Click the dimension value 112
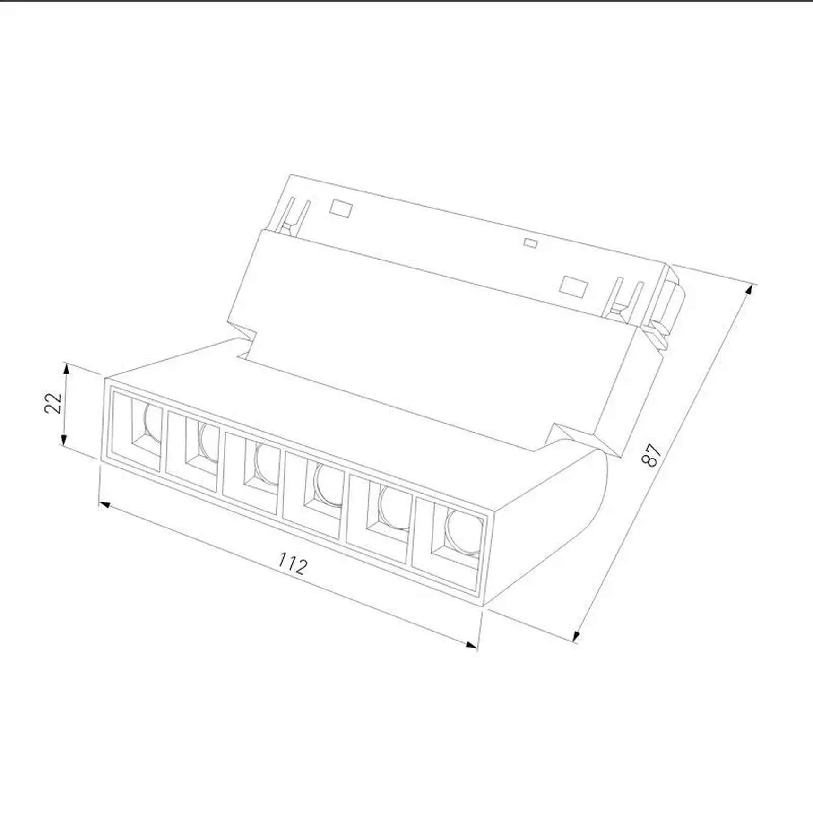293,563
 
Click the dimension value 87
653,455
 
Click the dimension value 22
53,403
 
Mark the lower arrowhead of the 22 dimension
63,441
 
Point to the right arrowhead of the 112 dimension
472,645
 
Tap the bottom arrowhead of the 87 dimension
577,636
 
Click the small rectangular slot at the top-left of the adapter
341,208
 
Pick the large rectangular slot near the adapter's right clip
572,286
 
